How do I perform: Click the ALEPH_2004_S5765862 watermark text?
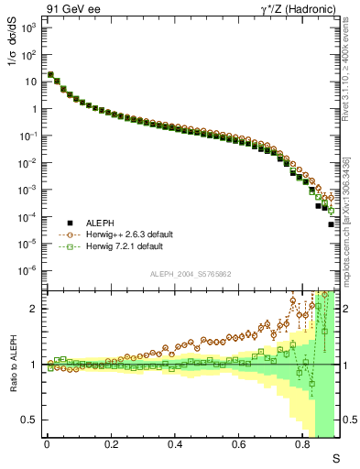(190, 274)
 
